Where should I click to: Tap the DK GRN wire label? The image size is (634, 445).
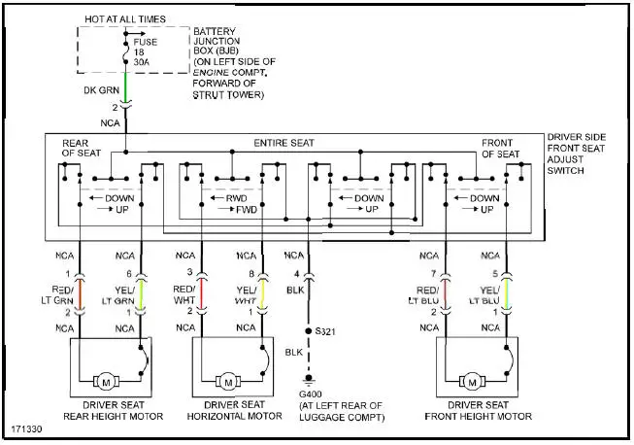[101, 91]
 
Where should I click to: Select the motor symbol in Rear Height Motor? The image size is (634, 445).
[103, 379]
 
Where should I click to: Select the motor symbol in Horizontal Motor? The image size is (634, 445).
[225, 379]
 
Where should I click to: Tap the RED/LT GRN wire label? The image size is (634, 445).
[60, 294]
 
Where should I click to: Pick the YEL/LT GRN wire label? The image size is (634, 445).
[123, 294]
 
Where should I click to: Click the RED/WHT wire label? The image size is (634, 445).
[184, 294]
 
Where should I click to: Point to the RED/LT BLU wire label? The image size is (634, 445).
[428, 294]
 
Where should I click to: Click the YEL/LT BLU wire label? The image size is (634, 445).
[491, 294]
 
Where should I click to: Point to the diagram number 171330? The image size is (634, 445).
[27, 428]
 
